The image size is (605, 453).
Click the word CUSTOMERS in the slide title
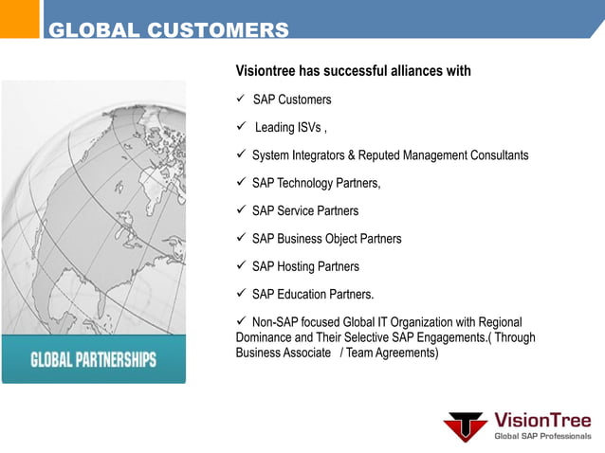pyautogui.click(x=218, y=31)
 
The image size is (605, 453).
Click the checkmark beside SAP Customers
pyautogui.click(x=241, y=99)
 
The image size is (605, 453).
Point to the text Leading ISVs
pyautogui.click(x=290, y=128)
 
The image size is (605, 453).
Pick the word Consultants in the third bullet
pyautogui.click(x=495, y=155)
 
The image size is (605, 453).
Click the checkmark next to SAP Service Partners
pyautogui.click(x=241, y=210)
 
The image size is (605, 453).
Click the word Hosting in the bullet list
pyautogui.click(x=299, y=266)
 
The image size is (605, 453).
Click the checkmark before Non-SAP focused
pyautogui.click(x=241, y=321)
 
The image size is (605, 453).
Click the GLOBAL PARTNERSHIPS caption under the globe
pyautogui.click(x=94, y=361)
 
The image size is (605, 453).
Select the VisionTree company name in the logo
pyautogui.click(x=542, y=420)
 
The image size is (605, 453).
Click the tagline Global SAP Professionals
pyautogui.click(x=542, y=436)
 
